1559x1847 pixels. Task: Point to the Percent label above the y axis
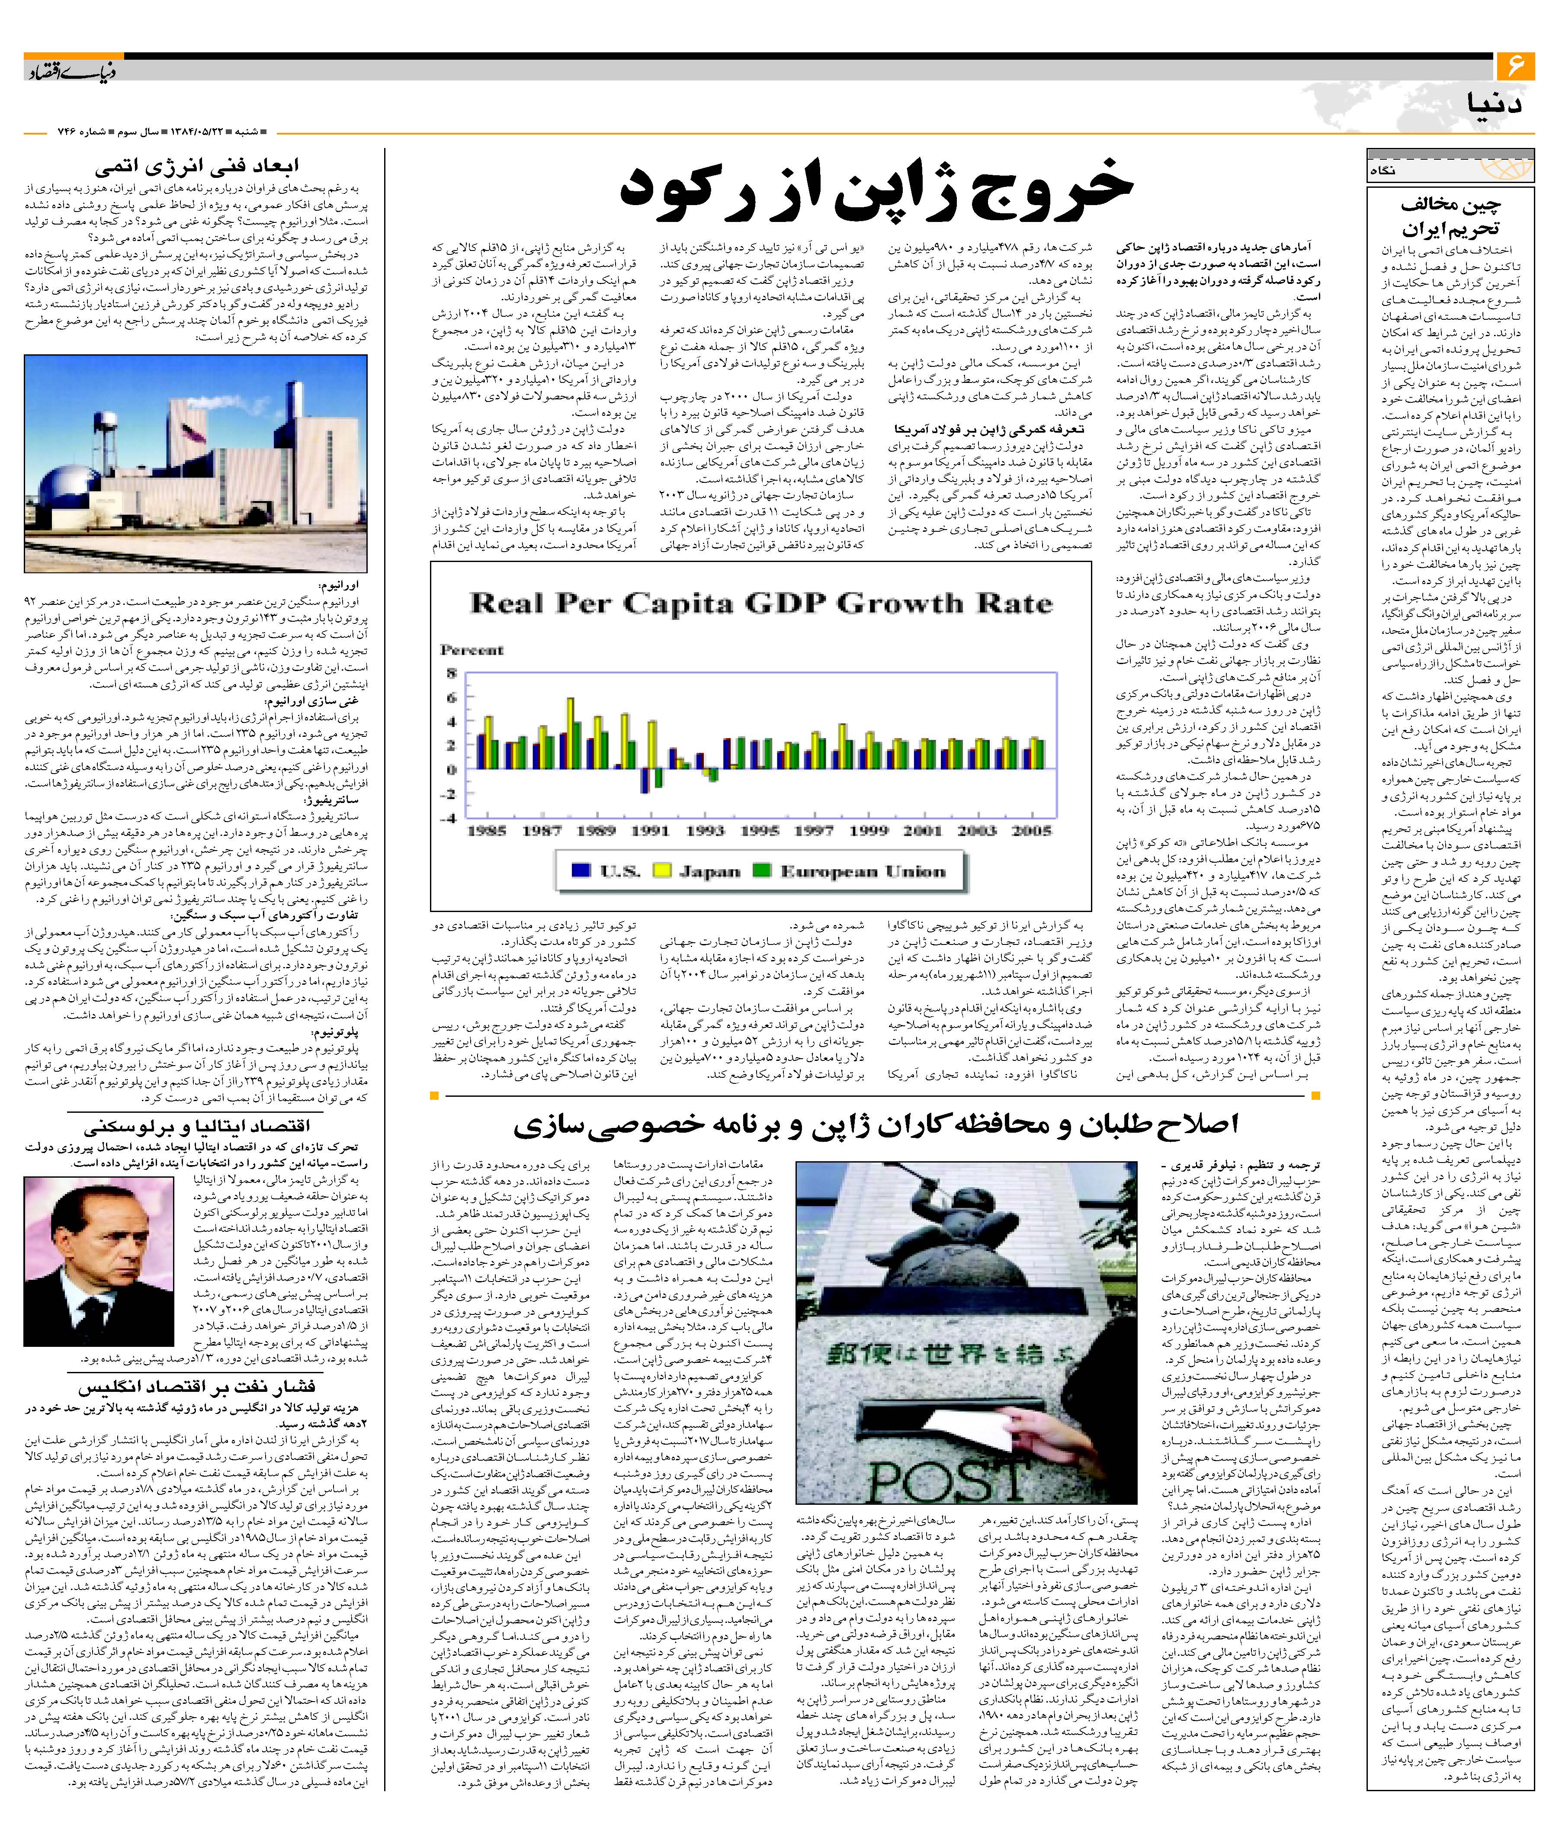point(472,649)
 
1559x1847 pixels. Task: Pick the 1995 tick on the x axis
point(759,831)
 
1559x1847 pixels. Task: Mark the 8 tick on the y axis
point(452,673)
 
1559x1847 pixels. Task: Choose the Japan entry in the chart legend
point(698,871)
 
